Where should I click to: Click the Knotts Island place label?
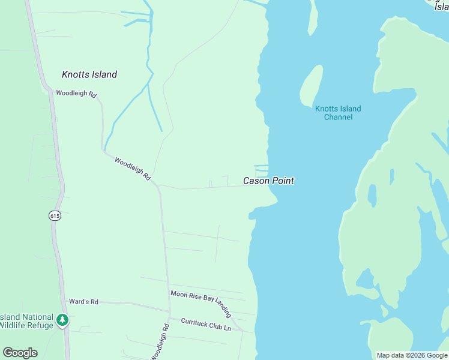point(89,75)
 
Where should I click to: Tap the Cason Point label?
point(268,181)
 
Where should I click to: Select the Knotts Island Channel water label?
point(338,113)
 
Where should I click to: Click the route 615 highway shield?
point(55,216)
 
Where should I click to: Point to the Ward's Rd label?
point(83,302)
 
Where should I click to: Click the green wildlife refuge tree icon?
point(62,320)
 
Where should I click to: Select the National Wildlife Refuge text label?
point(27,321)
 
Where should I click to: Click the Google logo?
point(20,353)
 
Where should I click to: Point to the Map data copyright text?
point(412,355)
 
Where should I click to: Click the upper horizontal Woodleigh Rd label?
point(76,94)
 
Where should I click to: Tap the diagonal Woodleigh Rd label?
point(132,169)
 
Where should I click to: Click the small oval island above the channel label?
point(311,84)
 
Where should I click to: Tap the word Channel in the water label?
point(338,117)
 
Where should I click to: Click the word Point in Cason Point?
point(283,181)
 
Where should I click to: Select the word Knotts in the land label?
point(75,75)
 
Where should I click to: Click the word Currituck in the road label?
point(197,322)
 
